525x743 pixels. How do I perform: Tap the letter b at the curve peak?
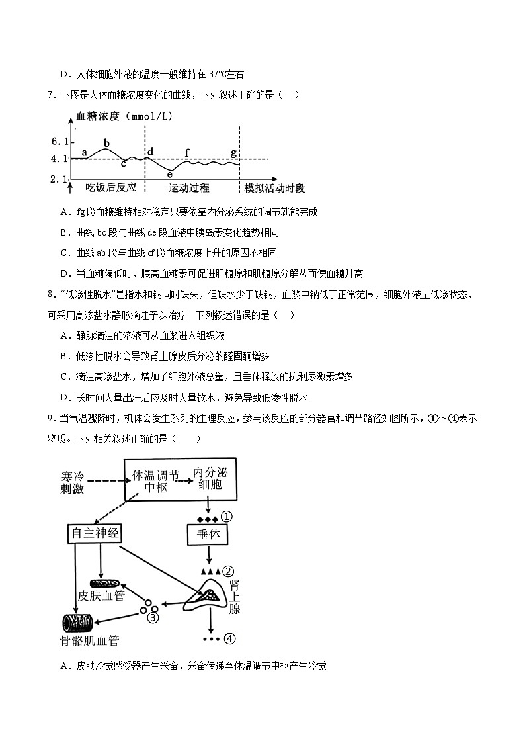coord(106,142)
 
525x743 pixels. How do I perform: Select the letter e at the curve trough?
coord(170,175)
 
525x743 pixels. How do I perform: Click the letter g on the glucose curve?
coord(233,153)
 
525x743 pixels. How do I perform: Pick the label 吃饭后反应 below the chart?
coord(110,188)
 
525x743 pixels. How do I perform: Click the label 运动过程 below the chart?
coord(188,188)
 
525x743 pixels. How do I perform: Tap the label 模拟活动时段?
coord(274,188)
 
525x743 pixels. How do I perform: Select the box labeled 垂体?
coord(208,535)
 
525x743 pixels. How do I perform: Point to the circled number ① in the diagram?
coord(227,517)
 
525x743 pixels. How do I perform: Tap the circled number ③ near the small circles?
coord(153,618)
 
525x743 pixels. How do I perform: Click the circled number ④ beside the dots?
coord(229,639)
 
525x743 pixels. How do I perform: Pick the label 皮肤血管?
coord(101,596)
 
